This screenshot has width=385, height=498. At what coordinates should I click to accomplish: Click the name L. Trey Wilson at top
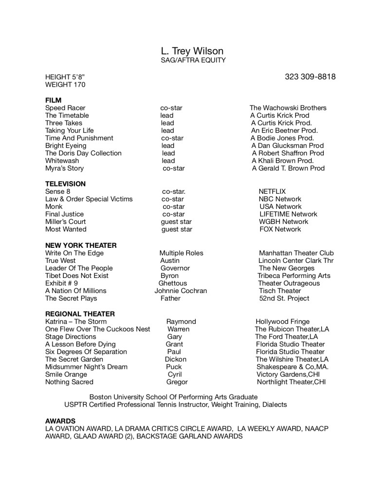point(192,52)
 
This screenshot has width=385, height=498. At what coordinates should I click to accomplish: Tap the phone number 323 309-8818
point(310,77)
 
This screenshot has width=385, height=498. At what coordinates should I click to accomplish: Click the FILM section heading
point(53,100)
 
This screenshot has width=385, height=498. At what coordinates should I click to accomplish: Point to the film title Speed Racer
point(65,108)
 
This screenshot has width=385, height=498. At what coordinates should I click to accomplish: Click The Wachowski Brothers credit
point(288,108)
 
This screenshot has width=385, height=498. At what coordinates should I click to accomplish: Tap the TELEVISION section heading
point(65,184)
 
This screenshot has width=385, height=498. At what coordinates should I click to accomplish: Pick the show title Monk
point(54,206)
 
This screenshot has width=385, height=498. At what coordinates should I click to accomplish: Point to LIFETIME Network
point(288,214)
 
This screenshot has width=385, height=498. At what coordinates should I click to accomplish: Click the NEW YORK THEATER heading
point(81,245)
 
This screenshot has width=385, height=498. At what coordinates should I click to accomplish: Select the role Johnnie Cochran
point(181,291)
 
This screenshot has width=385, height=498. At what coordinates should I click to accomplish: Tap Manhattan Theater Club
point(296,253)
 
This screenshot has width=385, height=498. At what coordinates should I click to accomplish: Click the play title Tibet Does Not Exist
point(77,276)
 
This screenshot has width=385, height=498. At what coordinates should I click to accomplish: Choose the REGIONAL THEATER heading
point(80,314)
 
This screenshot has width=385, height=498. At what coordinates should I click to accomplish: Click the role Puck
point(174,367)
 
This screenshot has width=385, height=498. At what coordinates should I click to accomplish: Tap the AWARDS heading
point(60,420)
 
